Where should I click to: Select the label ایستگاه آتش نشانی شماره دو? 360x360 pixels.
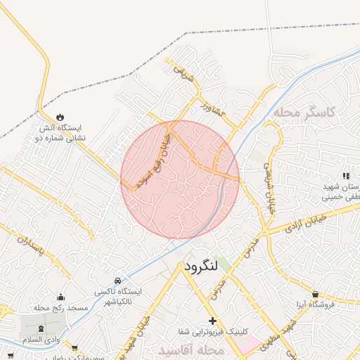[x=60, y=133]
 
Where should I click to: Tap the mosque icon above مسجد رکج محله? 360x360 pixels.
[x=60, y=297]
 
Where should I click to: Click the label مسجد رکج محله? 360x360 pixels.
[x=59, y=308]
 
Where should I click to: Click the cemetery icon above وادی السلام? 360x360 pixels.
[x=39, y=328]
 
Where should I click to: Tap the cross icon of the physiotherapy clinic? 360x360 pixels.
[x=212, y=321]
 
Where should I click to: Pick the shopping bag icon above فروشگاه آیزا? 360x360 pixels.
[x=315, y=293]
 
